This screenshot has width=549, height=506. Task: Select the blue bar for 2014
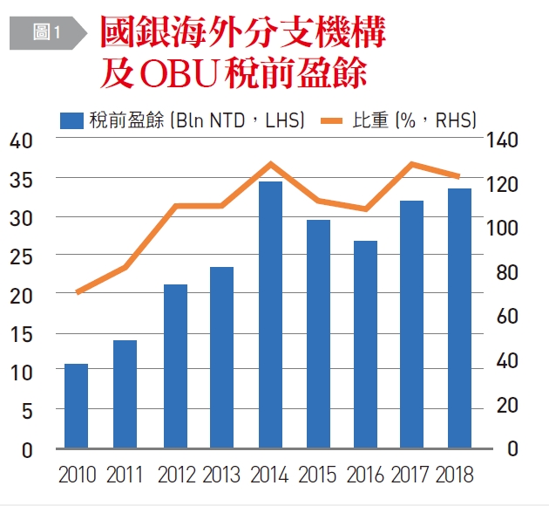(x=270, y=314)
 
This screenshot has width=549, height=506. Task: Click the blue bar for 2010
(x=76, y=406)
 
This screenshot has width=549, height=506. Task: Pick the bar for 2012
(x=175, y=366)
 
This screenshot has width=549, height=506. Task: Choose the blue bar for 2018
(x=459, y=318)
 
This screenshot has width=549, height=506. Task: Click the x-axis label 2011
(x=124, y=475)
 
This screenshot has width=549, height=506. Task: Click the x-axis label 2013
(x=221, y=475)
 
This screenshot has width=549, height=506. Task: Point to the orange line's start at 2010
(x=77, y=292)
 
